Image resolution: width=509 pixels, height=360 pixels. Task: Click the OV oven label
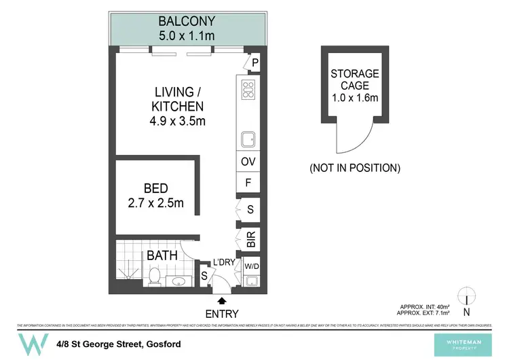248,162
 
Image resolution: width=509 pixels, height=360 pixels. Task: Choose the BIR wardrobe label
250,238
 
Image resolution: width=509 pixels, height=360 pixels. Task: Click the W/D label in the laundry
250,266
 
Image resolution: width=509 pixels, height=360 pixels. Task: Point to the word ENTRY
221,314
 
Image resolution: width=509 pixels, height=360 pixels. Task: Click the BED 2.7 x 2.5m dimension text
156,203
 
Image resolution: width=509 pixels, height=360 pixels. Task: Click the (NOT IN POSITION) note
354,167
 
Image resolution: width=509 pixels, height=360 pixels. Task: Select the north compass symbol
466,301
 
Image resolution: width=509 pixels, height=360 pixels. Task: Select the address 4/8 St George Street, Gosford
119,344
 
